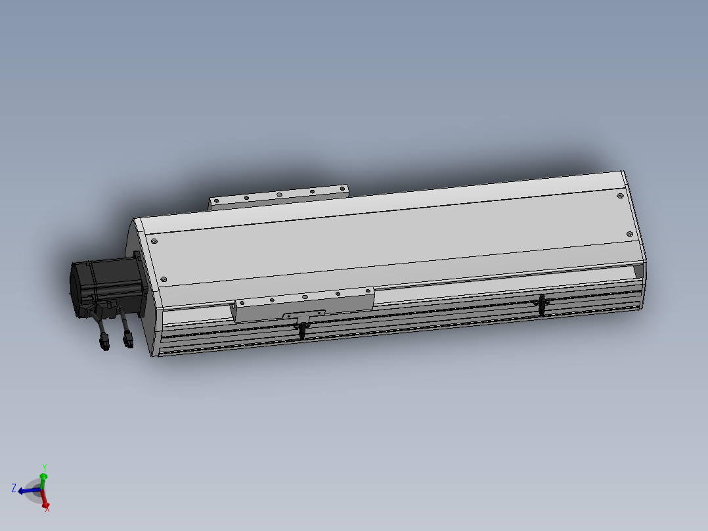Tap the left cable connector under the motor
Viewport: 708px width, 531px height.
click(105, 342)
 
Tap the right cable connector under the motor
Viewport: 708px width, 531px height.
click(128, 339)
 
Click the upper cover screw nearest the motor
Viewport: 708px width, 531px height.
click(154, 241)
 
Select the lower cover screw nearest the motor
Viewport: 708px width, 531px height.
click(164, 279)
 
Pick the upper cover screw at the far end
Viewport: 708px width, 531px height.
click(620, 196)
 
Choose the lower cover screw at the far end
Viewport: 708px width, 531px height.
click(629, 234)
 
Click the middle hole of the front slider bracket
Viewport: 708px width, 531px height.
click(305, 297)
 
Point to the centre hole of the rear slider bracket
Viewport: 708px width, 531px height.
click(279, 195)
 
